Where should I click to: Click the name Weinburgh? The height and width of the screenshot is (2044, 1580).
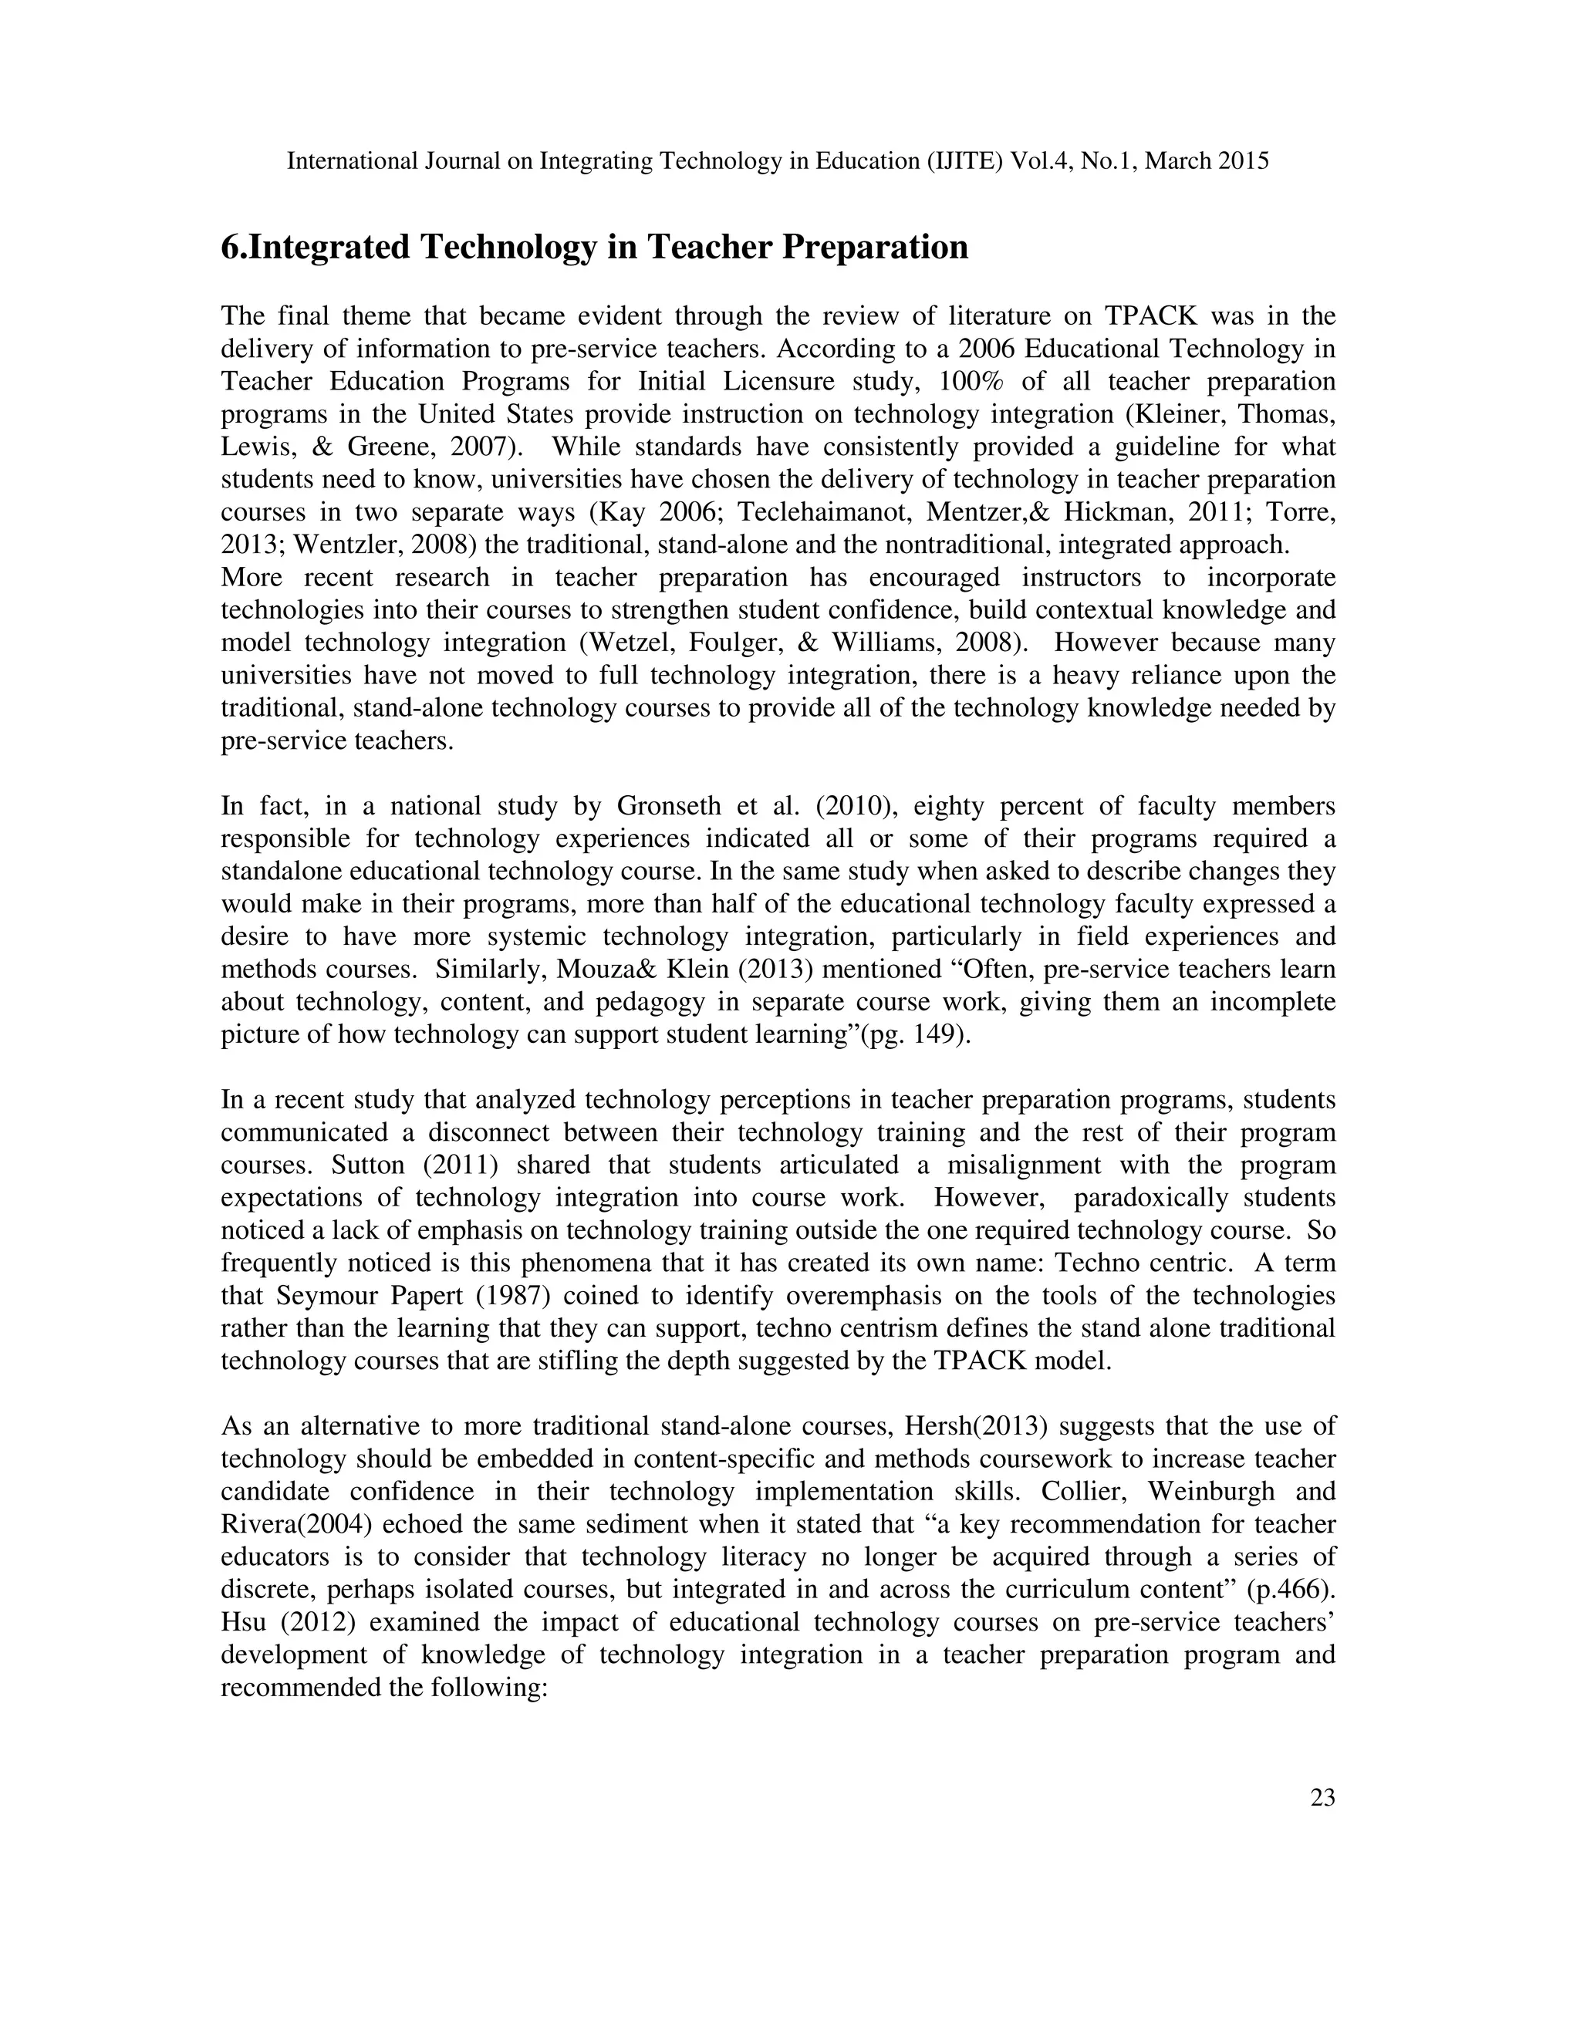point(1208,1492)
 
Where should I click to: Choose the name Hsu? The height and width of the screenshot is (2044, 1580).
point(242,1623)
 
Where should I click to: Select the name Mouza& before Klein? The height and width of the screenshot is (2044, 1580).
point(598,970)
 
